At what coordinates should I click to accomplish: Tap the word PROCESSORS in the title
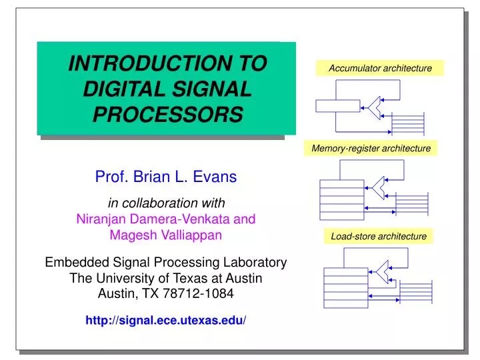167,115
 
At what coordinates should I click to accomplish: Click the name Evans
215,177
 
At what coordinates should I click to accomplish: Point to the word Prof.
109,177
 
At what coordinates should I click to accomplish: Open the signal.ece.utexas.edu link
166,321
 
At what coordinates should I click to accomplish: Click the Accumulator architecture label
380,68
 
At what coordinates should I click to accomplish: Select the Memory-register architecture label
371,148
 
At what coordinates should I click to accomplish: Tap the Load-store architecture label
378,236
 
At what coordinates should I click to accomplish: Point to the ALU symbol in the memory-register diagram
379,188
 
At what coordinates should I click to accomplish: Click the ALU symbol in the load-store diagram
383,269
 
